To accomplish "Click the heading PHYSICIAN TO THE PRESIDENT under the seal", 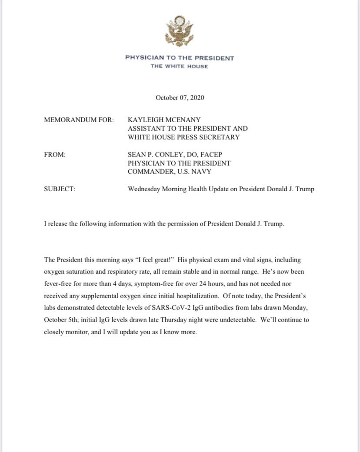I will [180, 58].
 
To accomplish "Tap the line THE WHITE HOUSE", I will [179, 66].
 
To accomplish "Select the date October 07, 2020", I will [180, 97].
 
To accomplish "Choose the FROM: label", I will [55, 154].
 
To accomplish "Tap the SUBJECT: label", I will [60, 189].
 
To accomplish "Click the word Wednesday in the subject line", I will [145, 189].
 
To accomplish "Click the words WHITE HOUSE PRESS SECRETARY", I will [183, 137].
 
